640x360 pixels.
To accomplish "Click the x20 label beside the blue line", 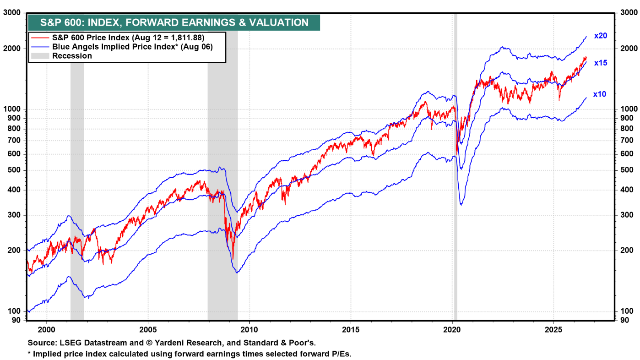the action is (601, 36).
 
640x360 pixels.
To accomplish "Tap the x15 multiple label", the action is (601, 63).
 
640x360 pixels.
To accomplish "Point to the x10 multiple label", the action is (599, 94).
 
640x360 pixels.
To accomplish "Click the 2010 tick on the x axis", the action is (249, 330).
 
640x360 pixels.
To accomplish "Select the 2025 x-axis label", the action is (553, 330).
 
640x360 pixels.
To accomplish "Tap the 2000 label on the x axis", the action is (47, 330).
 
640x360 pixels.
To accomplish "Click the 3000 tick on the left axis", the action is (12, 12).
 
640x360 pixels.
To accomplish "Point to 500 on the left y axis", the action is (14, 170).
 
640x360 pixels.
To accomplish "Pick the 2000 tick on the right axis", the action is (629, 49).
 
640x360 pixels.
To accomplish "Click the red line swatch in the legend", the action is (40, 38).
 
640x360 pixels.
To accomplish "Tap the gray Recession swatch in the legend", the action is (40, 56).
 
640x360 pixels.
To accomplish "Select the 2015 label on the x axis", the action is (351, 330).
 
